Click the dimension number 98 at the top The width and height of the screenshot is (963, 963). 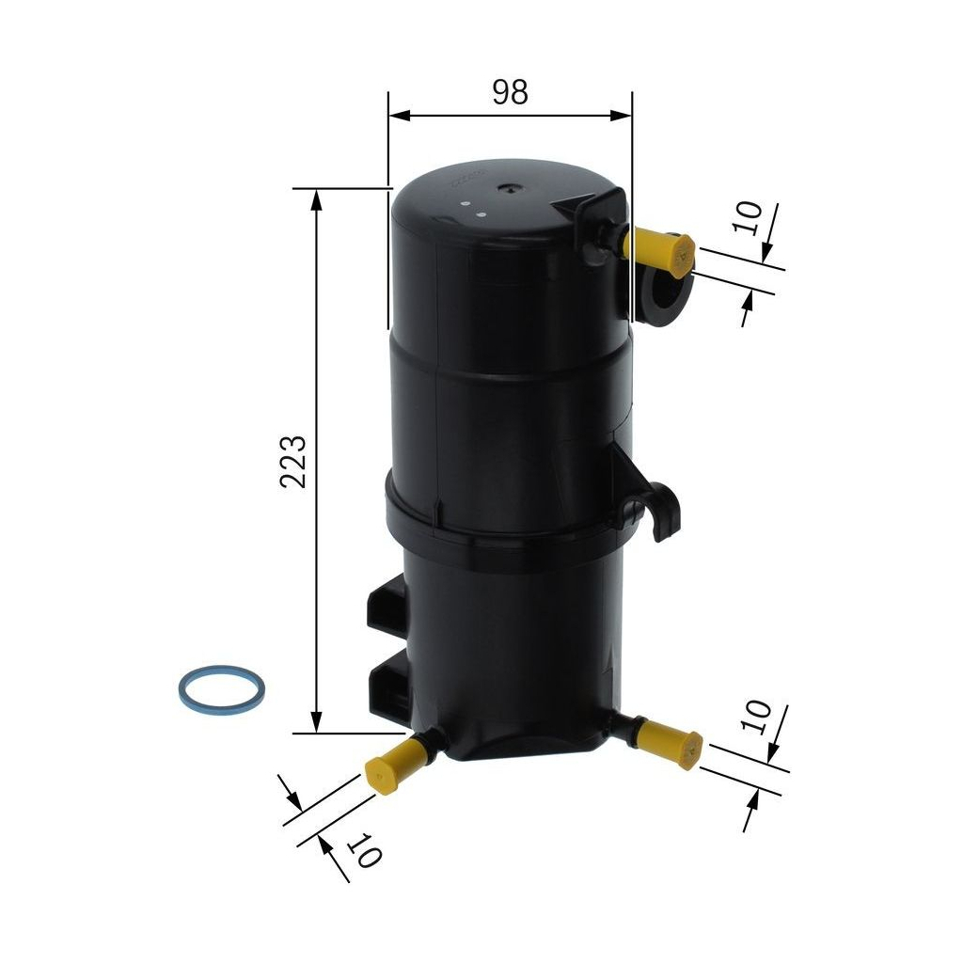[510, 91]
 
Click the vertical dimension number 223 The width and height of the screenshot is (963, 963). [292, 461]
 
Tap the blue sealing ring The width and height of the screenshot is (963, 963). [221, 688]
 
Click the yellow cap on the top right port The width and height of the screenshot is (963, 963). [662, 250]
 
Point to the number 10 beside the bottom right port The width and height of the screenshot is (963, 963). [756, 717]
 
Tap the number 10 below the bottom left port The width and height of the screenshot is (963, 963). [366, 852]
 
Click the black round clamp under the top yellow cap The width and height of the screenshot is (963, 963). [663, 299]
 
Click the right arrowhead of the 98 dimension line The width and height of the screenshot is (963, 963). [621, 115]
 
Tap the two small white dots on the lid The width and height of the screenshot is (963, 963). [471, 207]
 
